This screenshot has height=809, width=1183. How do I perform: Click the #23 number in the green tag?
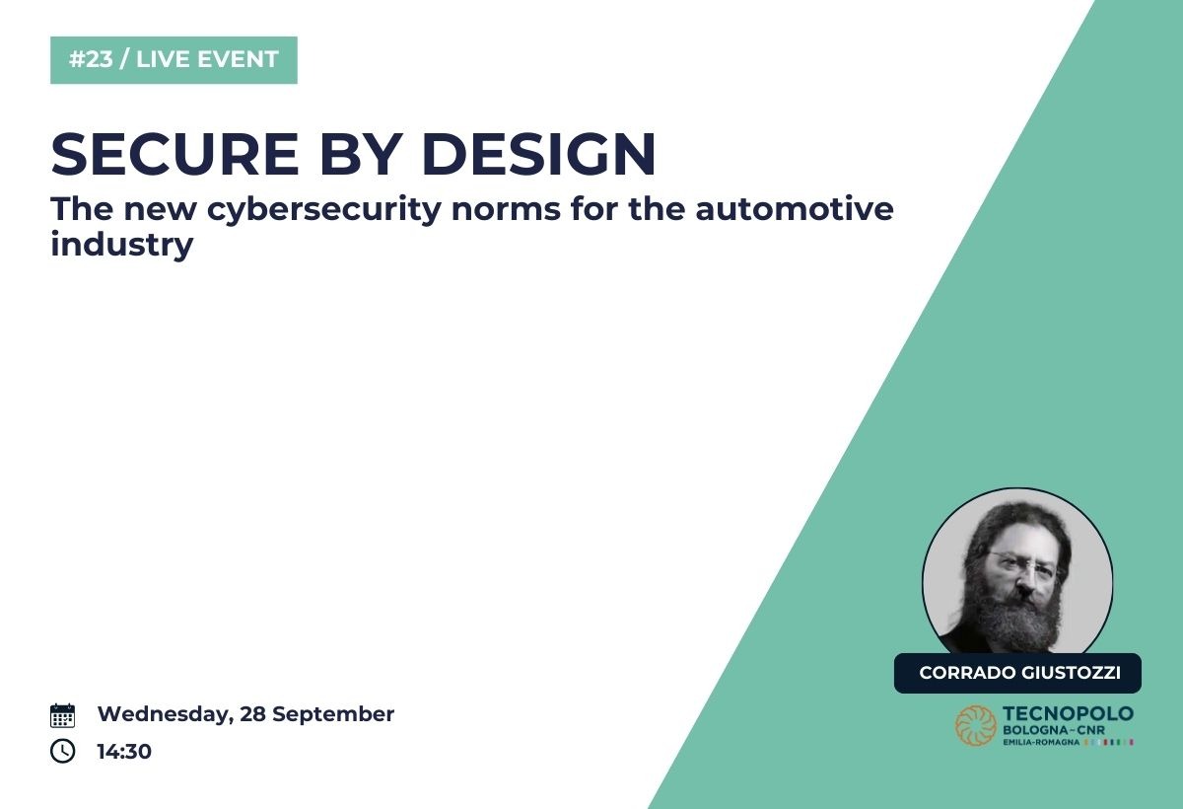[91, 59]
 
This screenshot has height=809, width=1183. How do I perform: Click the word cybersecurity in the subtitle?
[324, 210]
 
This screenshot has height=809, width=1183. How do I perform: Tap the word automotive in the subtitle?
[795, 209]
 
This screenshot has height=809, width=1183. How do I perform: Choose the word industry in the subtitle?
[122, 246]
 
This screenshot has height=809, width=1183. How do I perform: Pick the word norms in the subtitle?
[506, 211]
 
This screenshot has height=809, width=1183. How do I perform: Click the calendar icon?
[62, 715]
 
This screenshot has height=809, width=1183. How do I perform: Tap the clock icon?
[62, 751]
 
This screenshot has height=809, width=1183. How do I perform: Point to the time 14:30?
[124, 752]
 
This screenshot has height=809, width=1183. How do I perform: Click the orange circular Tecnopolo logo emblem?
[976, 725]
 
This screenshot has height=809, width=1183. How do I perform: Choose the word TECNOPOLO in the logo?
[1068, 714]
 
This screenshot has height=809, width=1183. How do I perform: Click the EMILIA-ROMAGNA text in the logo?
[1041, 743]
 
